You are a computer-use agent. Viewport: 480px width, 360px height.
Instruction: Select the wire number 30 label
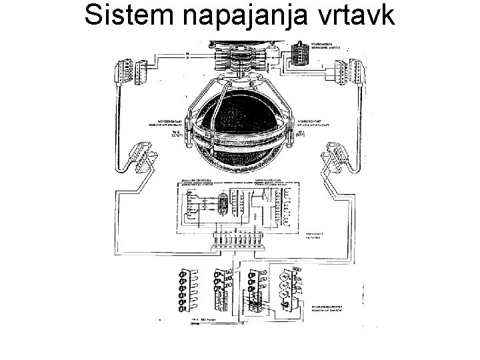(187, 53)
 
